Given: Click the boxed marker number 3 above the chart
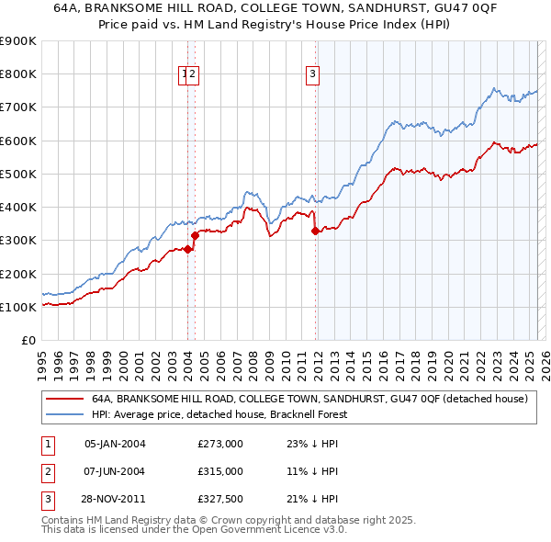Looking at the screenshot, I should [313, 75].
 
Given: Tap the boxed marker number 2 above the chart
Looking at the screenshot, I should [195, 75].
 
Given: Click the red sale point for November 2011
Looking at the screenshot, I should [315, 231].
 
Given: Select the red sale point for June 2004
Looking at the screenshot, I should [195, 235].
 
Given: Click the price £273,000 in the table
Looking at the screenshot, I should [220, 444].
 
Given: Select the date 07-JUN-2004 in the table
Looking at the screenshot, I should [115, 471].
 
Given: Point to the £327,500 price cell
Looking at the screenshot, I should [220, 499].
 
